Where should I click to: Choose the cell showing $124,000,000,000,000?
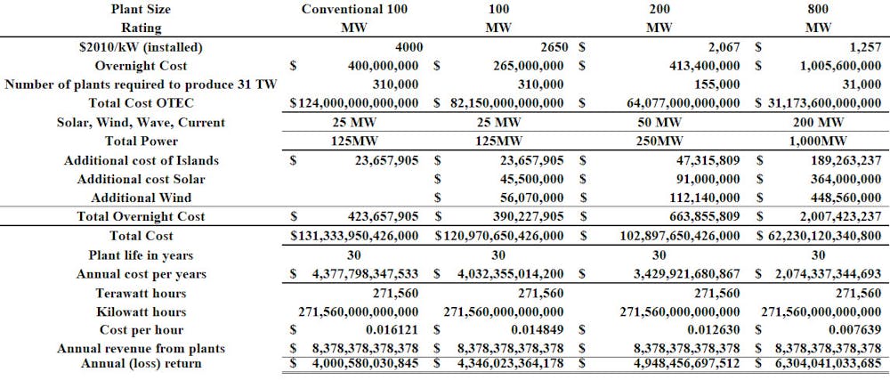click(x=354, y=103)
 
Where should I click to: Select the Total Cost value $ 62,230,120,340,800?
click(x=818, y=236)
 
